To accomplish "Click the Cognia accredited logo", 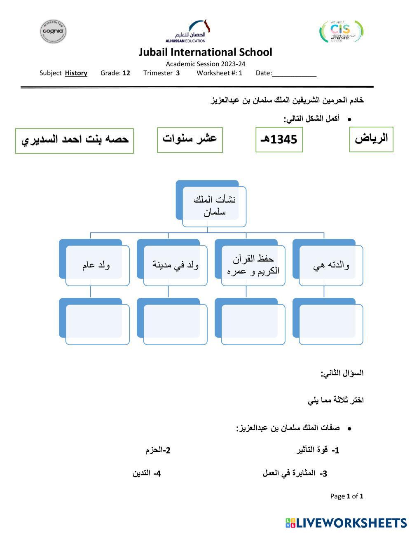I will [53, 31].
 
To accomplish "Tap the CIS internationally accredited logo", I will [341, 32].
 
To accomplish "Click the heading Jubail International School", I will [205, 52].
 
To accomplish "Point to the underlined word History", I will [76, 73].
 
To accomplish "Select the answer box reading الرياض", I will [371, 139].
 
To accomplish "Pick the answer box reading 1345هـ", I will [279, 140].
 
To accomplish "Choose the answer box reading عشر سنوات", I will [190, 140].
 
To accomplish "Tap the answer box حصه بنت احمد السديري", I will [75, 140].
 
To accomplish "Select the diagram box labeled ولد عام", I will [97, 265].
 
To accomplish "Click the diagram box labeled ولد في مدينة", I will [175, 265].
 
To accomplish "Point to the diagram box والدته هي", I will [331, 265].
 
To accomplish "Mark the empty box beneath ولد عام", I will [97, 324].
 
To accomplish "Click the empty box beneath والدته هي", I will [331, 324].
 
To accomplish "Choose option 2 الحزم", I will [158, 450].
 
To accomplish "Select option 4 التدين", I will [147, 473].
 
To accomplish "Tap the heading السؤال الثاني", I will [342, 373].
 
